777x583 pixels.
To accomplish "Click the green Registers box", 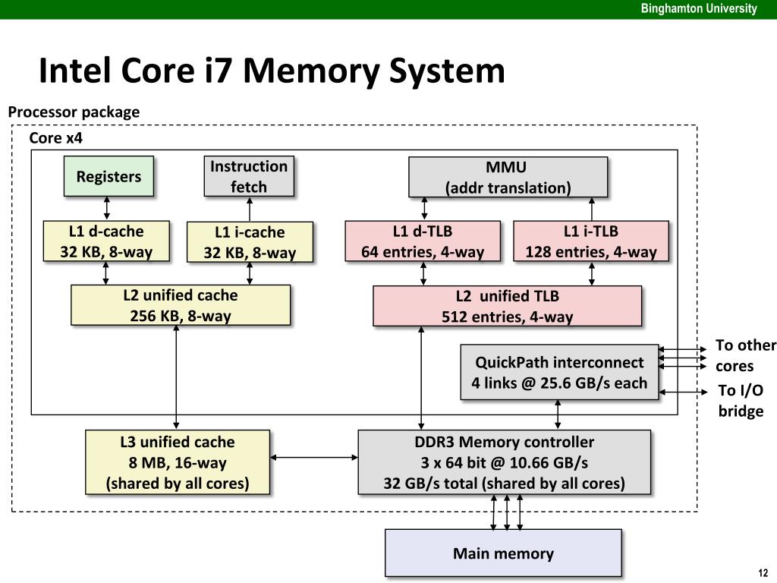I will pos(109,177).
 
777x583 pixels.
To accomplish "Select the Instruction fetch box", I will pos(249,176).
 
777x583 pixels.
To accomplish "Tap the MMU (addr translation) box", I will pos(508,177).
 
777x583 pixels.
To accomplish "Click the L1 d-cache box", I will pos(106,241).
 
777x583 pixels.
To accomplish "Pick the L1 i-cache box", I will pos(250,242).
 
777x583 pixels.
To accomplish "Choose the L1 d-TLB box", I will pos(423,241).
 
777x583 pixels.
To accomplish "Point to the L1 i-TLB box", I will pos(591,241).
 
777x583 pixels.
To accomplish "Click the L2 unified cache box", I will pos(181,305).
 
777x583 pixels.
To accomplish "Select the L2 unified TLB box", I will pos(507,306).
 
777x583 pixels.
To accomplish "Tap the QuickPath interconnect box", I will pos(559,372).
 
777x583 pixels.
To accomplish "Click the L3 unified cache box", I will pos(178,462).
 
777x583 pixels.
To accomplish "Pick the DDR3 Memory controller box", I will pos(504,462).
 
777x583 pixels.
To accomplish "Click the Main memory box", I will pos(503,553).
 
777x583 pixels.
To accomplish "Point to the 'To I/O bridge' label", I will pos(741,401).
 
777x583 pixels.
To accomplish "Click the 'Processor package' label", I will pos(74,112).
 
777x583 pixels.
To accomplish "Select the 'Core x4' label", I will pos(55,138).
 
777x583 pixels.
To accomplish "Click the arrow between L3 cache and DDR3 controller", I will pos(314,457).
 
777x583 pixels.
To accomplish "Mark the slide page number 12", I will pos(763,573).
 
